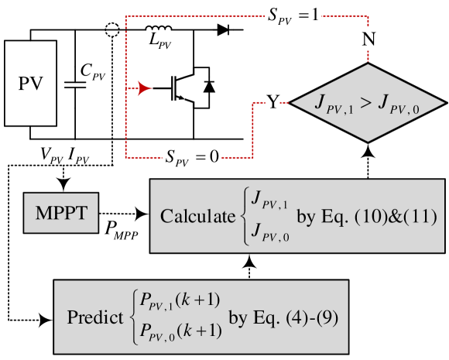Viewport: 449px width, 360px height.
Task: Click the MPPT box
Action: pyautogui.click(x=61, y=211)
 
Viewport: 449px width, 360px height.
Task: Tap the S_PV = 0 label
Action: pyautogui.click(x=190, y=157)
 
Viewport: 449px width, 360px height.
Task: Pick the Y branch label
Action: pyautogui.click(x=273, y=102)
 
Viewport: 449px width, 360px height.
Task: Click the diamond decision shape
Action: pyautogui.click(x=368, y=103)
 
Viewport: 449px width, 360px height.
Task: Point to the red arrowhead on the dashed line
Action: pyautogui.click(x=145, y=87)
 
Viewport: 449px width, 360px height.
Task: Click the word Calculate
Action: pyautogui.click(x=197, y=216)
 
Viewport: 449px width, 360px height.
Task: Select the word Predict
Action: pyautogui.click(x=95, y=317)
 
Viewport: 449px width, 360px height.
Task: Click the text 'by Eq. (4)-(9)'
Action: pyautogui.click(x=283, y=317)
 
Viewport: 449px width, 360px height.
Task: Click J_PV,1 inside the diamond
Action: pyautogui.click(x=334, y=104)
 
